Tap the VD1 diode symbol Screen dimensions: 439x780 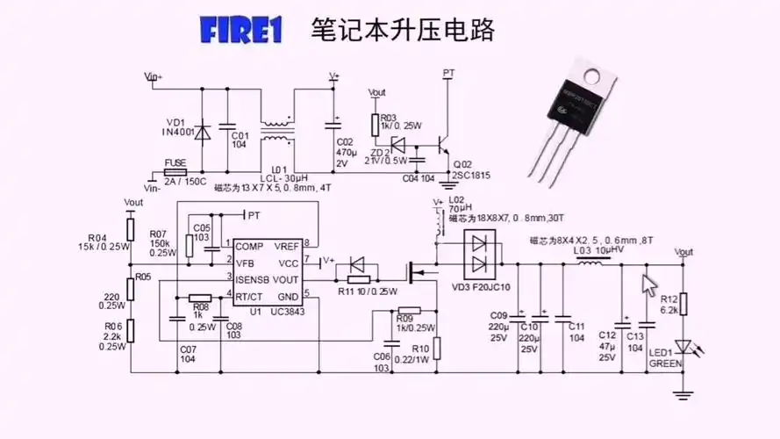click(x=203, y=133)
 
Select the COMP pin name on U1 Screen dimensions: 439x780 click(x=250, y=245)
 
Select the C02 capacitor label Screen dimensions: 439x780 click(x=345, y=141)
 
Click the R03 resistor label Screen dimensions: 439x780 click(x=389, y=118)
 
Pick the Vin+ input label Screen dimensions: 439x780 click(x=153, y=78)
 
